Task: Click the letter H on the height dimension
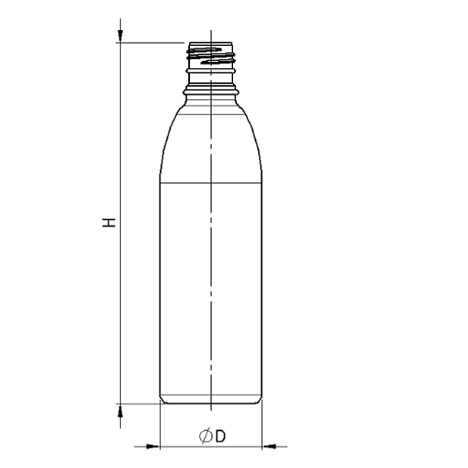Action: (110, 224)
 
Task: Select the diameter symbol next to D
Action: (205, 435)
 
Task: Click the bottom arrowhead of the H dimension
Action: (121, 410)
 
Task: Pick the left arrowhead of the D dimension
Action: (154, 444)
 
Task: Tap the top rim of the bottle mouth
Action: (212, 43)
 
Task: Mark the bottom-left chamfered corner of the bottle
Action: (163, 401)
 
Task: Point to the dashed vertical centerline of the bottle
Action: (212, 281)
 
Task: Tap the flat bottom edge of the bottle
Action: (212, 404)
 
